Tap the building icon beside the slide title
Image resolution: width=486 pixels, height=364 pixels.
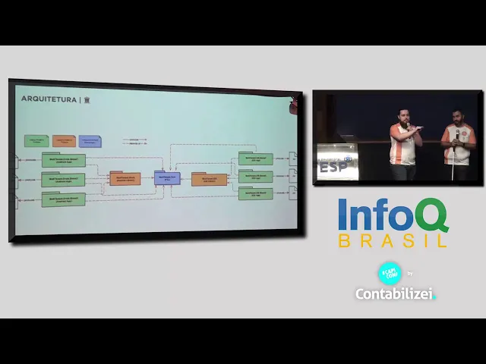click(87, 100)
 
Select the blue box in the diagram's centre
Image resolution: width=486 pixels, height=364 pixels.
click(166, 178)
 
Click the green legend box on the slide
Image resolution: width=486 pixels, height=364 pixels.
click(36, 141)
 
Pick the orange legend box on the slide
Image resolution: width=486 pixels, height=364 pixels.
click(64, 141)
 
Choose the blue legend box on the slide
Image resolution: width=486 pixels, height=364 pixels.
click(90, 141)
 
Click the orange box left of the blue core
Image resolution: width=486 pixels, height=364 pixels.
click(125, 179)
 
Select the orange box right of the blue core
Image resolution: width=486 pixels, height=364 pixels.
click(209, 180)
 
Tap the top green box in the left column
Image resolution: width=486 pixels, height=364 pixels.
click(63, 161)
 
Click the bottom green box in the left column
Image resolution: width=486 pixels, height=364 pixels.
click(63, 199)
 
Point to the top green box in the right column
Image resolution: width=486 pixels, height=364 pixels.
click(255, 159)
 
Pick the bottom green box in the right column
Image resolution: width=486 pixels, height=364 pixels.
click(255, 194)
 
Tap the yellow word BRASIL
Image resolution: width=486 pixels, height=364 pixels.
click(392, 241)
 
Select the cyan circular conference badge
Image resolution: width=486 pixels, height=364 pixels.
click(390, 273)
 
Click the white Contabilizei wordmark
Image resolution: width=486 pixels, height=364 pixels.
click(395, 293)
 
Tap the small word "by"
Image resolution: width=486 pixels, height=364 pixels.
click(410, 274)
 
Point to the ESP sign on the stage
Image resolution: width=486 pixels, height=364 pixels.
click(335, 166)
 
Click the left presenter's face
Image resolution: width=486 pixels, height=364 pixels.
click(404, 118)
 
